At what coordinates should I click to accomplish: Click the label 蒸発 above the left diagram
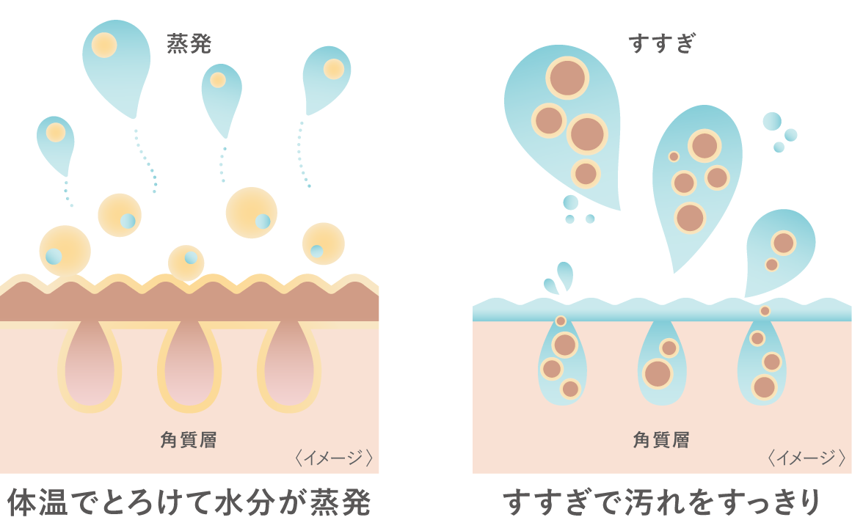coord(189,45)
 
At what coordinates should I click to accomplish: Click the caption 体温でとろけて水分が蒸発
coord(189,501)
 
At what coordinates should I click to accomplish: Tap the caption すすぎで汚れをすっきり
coord(661,501)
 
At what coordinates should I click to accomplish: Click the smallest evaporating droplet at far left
coord(56,143)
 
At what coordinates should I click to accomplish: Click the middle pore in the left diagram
coord(189,363)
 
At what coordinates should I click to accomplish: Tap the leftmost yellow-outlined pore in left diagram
coord(90,363)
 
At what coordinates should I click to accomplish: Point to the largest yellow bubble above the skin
coord(252,213)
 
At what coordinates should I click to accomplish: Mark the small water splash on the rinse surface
coord(560,279)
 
